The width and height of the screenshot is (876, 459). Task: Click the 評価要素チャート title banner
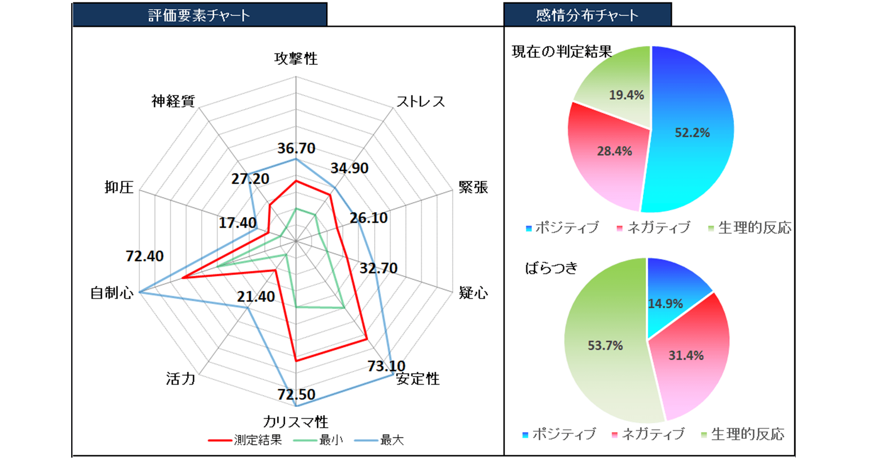199,15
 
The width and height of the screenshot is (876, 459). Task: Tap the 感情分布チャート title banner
587,15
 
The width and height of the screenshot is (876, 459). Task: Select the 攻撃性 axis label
296,58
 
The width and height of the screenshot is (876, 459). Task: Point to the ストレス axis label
420,101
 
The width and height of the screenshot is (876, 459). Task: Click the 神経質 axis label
173,101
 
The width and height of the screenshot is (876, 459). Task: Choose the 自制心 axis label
112,293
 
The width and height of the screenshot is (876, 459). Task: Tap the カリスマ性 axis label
295,422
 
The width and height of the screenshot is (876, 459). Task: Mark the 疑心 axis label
473,293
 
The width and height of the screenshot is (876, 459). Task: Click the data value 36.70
296,148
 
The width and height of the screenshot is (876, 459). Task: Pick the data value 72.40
145,256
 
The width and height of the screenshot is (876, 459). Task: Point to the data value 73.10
386,366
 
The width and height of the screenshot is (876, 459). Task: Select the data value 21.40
256,297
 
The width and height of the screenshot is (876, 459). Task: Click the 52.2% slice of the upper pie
692,133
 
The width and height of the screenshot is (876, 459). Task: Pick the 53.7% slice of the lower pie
605,346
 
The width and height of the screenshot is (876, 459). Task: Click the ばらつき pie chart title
551,268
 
